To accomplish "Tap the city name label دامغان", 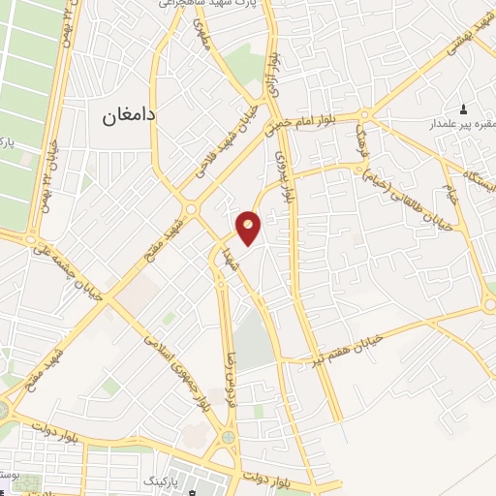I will click(130, 114).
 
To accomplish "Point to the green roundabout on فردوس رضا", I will click(228, 437).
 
